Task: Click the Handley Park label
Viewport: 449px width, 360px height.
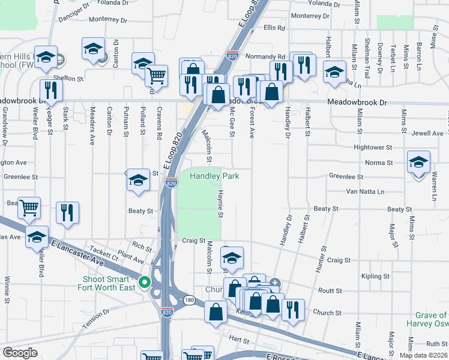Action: [214, 176]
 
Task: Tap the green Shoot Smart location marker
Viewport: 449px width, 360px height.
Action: [144, 281]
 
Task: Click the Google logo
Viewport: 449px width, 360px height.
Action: [20, 353]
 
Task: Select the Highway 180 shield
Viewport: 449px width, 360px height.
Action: [189, 299]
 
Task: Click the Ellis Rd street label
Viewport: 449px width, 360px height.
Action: [273, 28]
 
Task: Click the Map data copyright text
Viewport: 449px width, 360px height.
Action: [423, 355]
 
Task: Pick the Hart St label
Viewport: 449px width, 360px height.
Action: [239, 340]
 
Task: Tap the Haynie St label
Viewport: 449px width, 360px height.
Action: [220, 204]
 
